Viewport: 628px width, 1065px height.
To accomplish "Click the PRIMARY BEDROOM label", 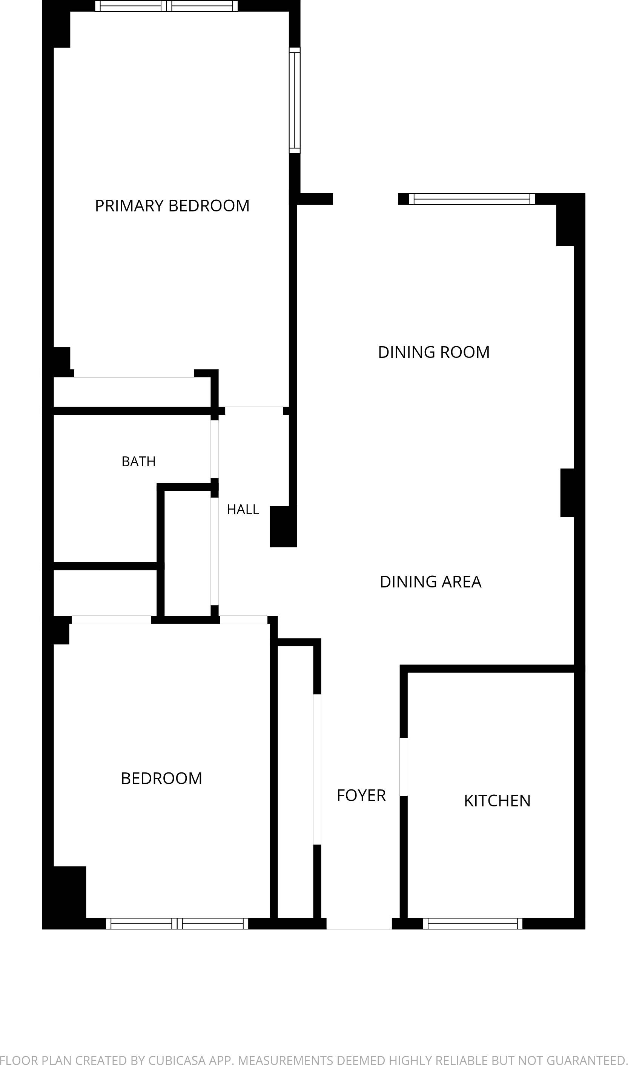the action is point(172,206).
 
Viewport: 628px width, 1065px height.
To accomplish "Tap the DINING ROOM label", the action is point(434,352).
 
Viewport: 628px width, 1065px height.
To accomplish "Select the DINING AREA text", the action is point(430,582).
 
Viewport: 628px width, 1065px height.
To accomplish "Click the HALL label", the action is point(243,509).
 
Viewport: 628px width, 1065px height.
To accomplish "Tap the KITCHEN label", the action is point(497,801).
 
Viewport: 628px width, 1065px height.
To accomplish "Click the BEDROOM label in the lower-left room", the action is point(161,778).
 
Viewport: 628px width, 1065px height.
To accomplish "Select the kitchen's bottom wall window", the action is point(473,923).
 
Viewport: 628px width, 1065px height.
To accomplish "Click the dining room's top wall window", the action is point(472,199).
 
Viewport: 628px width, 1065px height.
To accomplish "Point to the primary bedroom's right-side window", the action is point(295,100).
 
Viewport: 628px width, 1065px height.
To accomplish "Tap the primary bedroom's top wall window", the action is point(166,6).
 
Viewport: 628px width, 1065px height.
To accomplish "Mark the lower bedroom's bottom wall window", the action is point(177,923).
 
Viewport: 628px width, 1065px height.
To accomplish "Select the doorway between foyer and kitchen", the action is point(404,767).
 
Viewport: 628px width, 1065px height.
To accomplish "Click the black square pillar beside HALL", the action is point(284,526).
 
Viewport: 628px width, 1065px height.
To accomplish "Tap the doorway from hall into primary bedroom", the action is point(254,411).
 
